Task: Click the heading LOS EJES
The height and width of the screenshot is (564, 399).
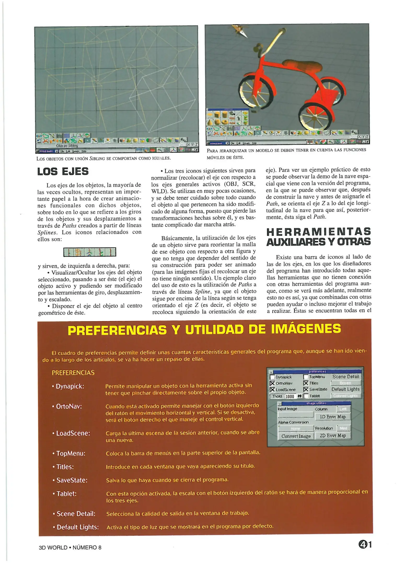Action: tap(63, 172)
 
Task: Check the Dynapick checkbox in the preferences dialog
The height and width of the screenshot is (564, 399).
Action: tap(272, 377)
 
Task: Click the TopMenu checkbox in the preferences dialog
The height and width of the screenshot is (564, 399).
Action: tap(306, 377)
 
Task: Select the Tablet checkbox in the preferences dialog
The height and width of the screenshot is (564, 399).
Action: tap(306, 396)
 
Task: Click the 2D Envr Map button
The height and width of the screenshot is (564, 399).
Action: tap(333, 436)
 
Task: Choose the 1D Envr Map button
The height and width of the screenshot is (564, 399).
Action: tap(333, 417)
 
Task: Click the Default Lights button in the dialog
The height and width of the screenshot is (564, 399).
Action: tap(345, 389)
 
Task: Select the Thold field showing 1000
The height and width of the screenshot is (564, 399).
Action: tap(290, 396)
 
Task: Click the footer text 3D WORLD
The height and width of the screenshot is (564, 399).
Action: tap(53, 548)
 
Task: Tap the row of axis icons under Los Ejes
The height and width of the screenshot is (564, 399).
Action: tap(90, 252)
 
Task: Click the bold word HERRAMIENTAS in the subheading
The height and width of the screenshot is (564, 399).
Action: tap(319, 232)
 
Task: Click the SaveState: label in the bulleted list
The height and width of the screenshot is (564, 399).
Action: tap(72, 480)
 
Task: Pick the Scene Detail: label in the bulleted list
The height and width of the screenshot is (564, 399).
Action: tap(76, 514)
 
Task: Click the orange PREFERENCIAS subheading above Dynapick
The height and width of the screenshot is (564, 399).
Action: tap(73, 373)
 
